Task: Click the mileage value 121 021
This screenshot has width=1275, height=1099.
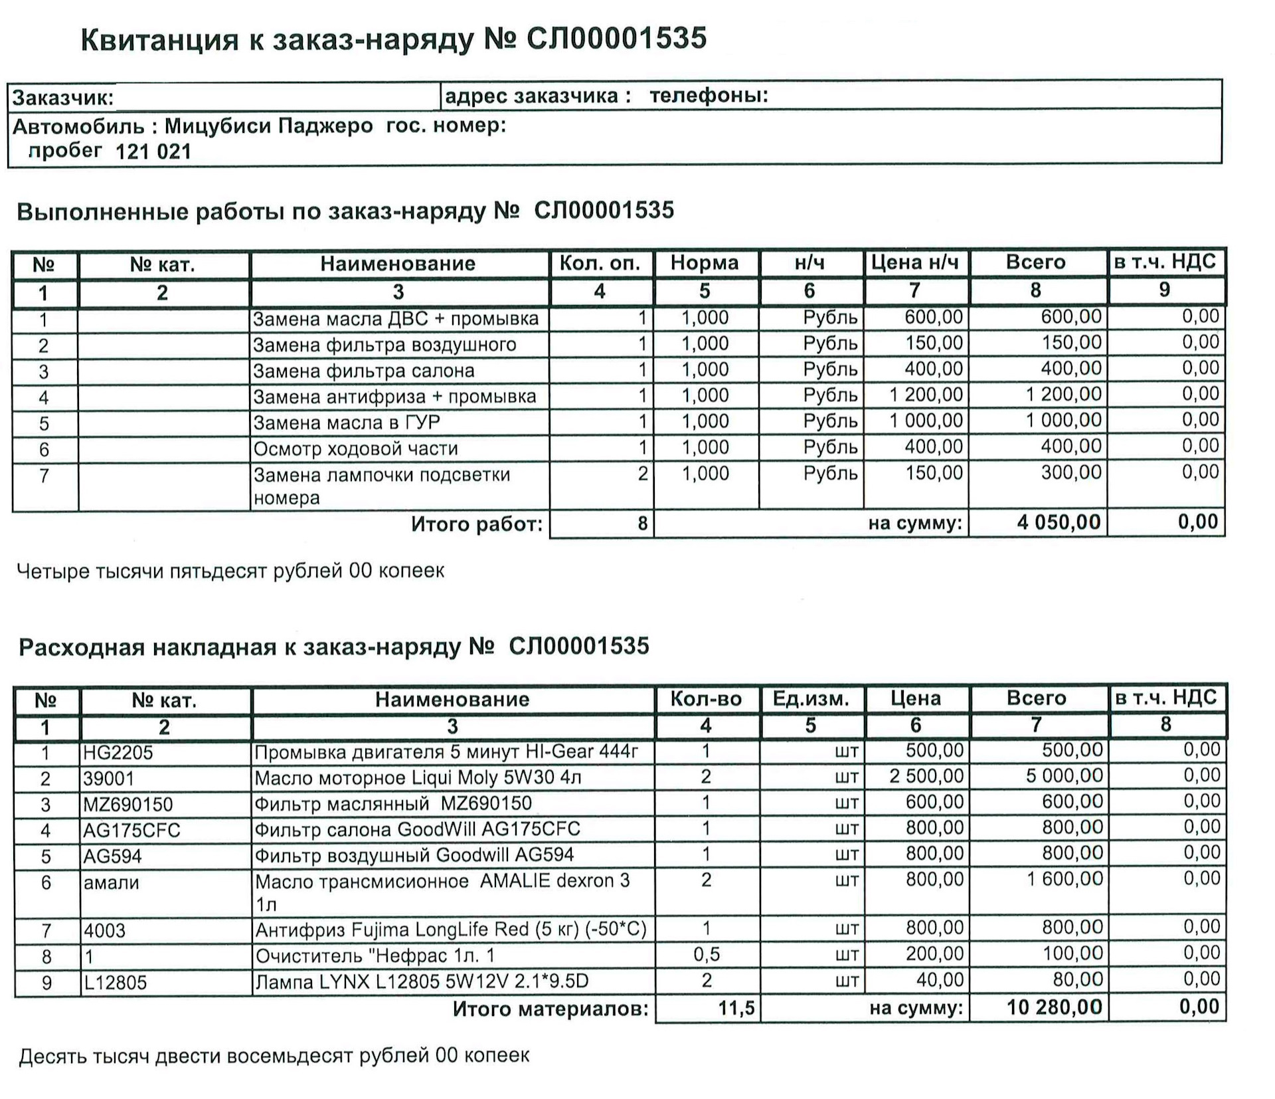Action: pos(153,151)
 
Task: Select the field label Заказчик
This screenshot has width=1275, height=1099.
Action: pos(63,98)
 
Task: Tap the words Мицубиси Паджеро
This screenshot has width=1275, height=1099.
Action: pos(268,126)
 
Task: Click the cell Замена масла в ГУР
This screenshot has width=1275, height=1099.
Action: pos(346,423)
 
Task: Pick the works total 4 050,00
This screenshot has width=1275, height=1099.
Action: pos(1059,522)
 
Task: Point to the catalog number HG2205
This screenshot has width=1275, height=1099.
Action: pos(118,752)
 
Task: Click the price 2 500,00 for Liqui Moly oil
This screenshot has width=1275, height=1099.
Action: pos(926,776)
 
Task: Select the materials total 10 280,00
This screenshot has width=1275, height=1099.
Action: pos(1054,1007)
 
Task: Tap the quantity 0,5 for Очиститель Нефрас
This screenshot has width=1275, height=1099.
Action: pos(706,955)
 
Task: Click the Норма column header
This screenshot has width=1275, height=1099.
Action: pos(704,263)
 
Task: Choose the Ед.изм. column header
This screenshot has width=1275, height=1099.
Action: pos(811,699)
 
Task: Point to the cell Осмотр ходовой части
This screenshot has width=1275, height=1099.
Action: pos(355,449)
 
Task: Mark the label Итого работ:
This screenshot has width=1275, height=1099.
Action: pos(476,524)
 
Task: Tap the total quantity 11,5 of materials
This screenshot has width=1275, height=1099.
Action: pos(736,1008)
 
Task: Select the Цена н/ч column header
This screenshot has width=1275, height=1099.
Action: pos(914,263)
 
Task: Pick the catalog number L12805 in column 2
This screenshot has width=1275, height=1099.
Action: pos(114,982)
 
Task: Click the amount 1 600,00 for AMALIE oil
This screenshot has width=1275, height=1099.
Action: pos(1064,879)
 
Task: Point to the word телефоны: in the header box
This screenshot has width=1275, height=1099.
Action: pos(708,96)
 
